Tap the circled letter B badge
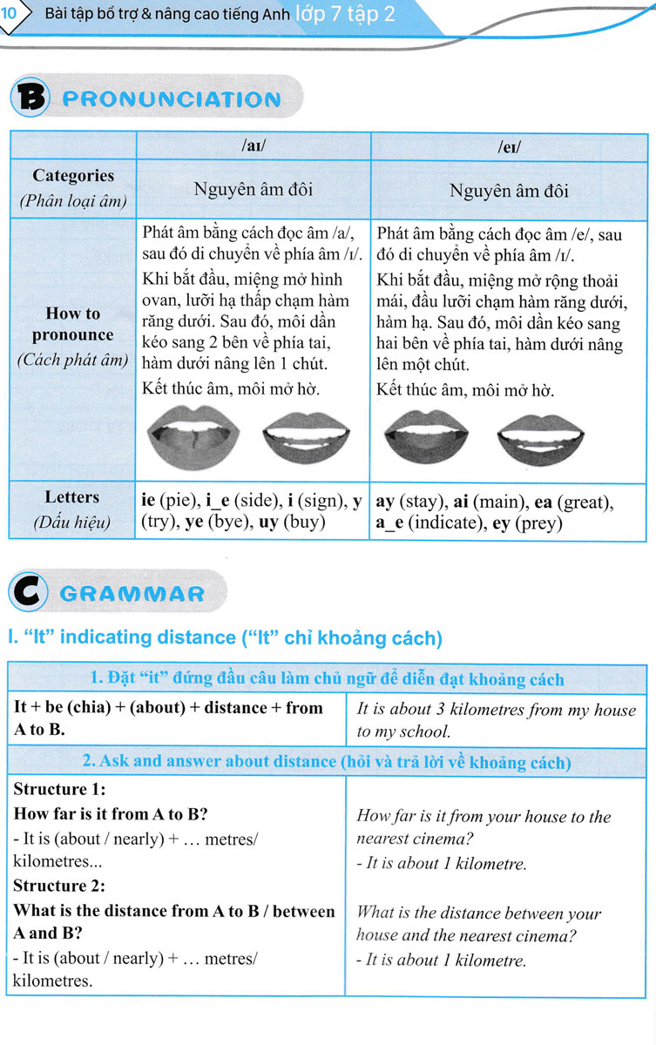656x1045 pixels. tap(29, 98)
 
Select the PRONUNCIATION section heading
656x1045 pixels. tap(172, 99)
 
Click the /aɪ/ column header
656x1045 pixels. tap(253, 146)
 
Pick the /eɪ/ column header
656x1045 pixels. tap(509, 146)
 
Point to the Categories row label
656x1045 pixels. tap(73, 176)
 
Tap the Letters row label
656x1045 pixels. tap(72, 497)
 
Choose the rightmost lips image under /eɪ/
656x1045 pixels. tap(539, 435)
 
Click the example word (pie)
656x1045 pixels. tap(179, 502)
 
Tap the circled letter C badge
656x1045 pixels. tap(28, 593)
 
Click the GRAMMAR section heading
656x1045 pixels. tap(133, 594)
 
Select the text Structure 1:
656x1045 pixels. tap(60, 790)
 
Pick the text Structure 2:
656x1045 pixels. tap(60, 886)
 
